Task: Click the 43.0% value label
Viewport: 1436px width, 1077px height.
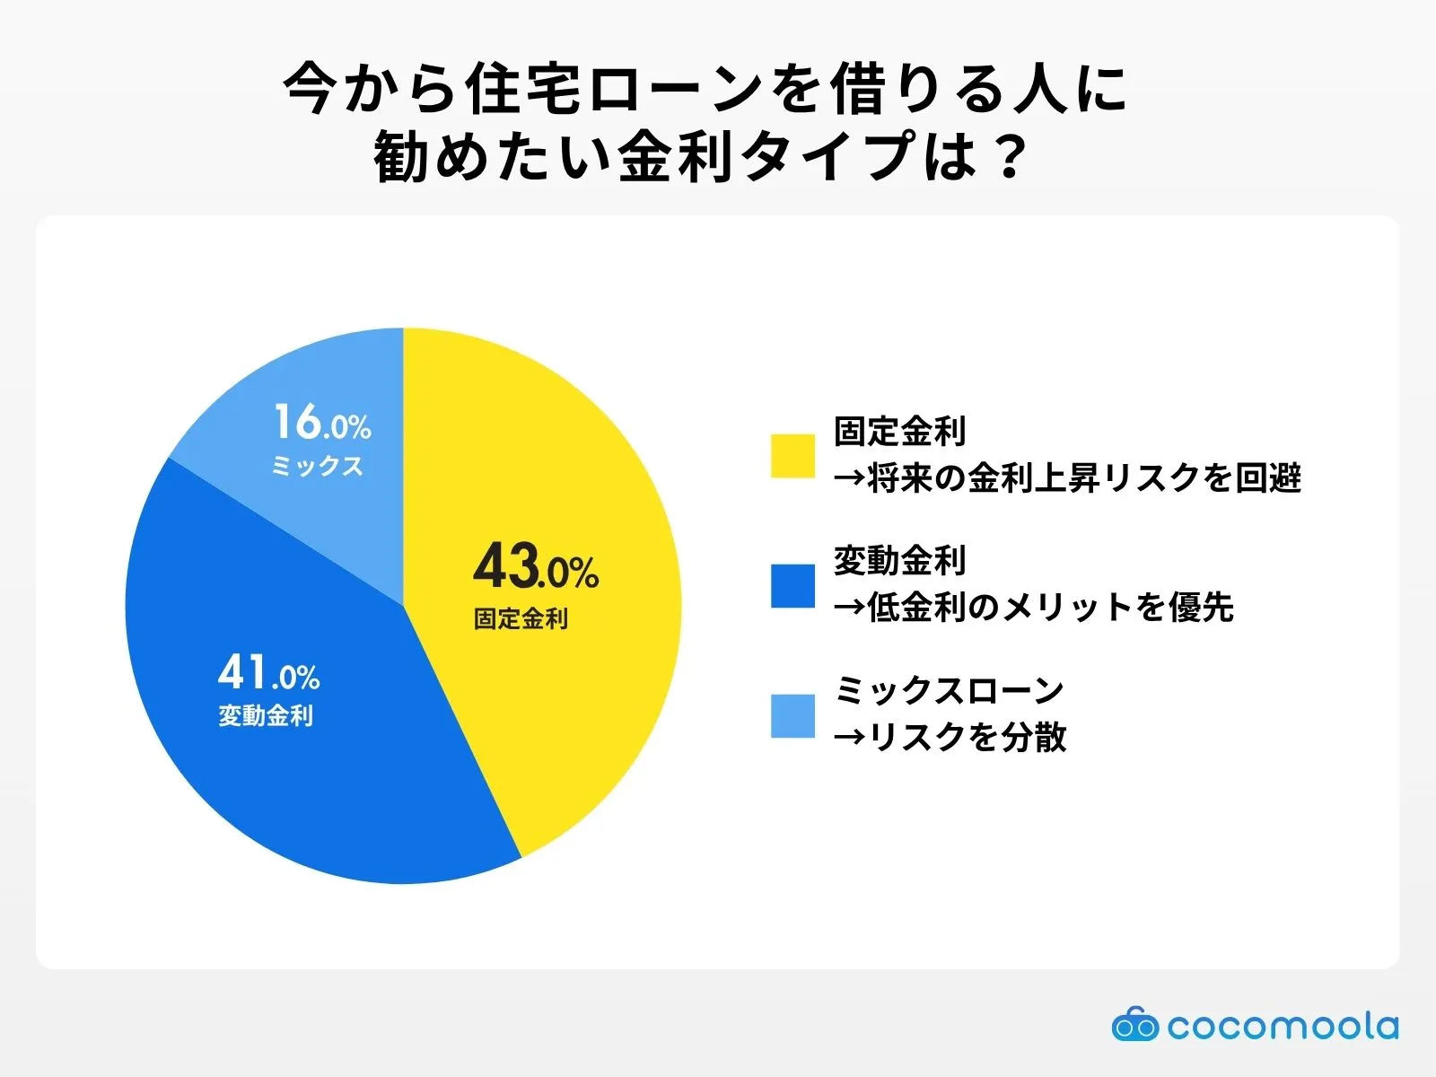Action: click(x=536, y=567)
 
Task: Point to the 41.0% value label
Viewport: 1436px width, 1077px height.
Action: click(x=269, y=673)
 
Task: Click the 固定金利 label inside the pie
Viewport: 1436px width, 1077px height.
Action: click(x=521, y=619)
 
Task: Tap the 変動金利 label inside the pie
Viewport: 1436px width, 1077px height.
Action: click(x=266, y=716)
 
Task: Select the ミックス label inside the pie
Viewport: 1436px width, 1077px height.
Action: click(x=317, y=466)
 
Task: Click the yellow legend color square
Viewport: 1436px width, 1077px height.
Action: click(x=792, y=456)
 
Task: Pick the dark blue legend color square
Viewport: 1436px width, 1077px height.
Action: click(x=792, y=586)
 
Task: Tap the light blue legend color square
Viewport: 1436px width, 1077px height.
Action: click(x=792, y=716)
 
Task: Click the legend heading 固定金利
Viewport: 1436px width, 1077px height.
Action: click(x=899, y=432)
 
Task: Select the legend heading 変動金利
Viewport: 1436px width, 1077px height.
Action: click(x=899, y=562)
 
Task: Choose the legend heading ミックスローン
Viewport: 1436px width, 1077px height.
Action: click(x=949, y=691)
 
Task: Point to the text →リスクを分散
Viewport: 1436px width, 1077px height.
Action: click(x=950, y=738)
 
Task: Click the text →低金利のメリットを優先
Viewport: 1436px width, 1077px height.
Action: click(x=1033, y=608)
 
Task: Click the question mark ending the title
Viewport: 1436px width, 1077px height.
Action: click(x=1011, y=157)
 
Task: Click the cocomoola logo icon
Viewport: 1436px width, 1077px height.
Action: click(x=1134, y=1024)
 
